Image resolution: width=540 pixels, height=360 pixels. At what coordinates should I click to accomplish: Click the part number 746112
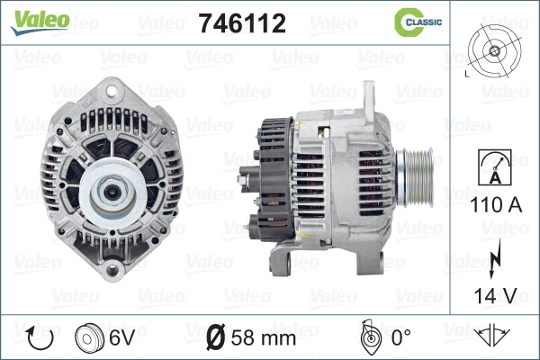(242, 23)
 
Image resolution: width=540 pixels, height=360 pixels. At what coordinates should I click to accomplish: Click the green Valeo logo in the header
(40, 22)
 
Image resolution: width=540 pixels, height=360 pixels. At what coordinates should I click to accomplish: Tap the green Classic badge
(418, 22)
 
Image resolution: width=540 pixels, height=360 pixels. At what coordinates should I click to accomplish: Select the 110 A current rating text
(496, 205)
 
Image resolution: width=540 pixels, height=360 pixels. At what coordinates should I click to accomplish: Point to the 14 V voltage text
(496, 295)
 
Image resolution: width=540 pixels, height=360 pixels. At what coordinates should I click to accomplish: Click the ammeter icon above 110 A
(495, 167)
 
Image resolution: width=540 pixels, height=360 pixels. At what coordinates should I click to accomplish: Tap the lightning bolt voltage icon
(494, 258)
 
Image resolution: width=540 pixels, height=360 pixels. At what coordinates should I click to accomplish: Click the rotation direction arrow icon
(40, 337)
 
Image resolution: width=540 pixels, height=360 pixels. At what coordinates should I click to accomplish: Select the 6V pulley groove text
(121, 337)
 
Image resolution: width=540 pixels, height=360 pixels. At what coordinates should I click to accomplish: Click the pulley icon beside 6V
(89, 337)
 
